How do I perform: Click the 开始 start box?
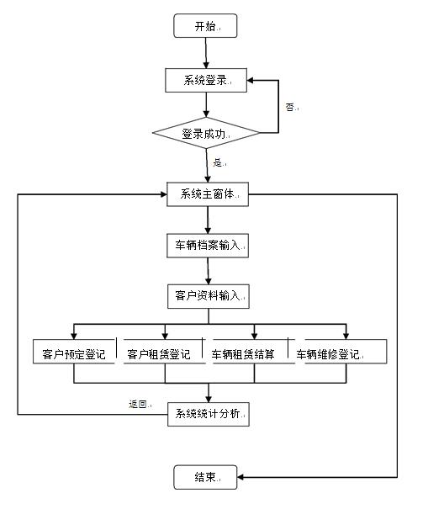pyautogui.click(x=205, y=25)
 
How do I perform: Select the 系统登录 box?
pyautogui.click(x=206, y=80)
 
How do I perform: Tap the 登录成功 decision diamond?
pyautogui.click(x=206, y=133)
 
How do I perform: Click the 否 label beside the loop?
pyautogui.click(x=290, y=107)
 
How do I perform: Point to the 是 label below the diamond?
pyautogui.click(x=218, y=162)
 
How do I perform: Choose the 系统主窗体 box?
pyautogui.click(x=208, y=194)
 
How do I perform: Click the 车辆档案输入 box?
pyautogui.click(x=208, y=246)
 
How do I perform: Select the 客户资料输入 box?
pyautogui.click(x=209, y=296)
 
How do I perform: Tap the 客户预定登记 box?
pyautogui.click(x=74, y=352)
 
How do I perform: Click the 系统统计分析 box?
pyautogui.click(x=209, y=414)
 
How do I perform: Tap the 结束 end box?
pyautogui.click(x=205, y=477)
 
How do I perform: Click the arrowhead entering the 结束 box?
pyautogui.click(x=240, y=477)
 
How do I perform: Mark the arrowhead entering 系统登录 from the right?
pyautogui.click(x=251, y=80)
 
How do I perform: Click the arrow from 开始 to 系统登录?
pyautogui.click(x=206, y=53)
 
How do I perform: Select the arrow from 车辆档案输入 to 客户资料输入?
pyautogui.click(x=208, y=271)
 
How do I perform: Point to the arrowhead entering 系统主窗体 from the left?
pyautogui.click(x=163, y=194)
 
